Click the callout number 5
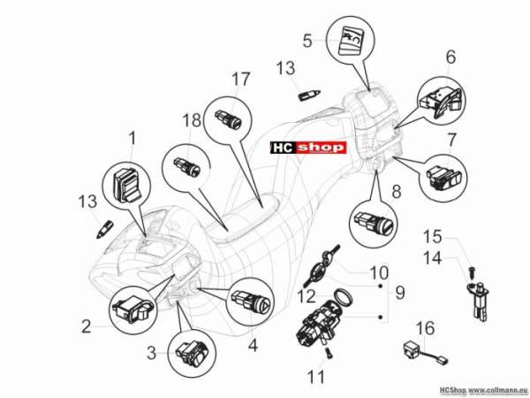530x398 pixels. (x=307, y=41)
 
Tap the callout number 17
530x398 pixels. (x=240, y=80)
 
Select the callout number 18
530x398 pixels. (x=192, y=120)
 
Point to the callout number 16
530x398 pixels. (x=425, y=328)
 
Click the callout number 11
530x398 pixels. (x=315, y=377)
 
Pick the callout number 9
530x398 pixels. (x=400, y=292)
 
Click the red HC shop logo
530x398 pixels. (x=308, y=148)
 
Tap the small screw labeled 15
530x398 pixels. (x=472, y=272)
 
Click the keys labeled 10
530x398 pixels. (x=322, y=265)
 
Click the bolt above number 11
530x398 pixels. (x=329, y=353)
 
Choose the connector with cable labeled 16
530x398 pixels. (x=425, y=353)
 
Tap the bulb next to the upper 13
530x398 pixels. (x=309, y=95)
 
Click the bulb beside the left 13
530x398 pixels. (x=104, y=229)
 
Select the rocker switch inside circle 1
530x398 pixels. (x=126, y=185)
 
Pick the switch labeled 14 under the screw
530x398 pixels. (x=478, y=302)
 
